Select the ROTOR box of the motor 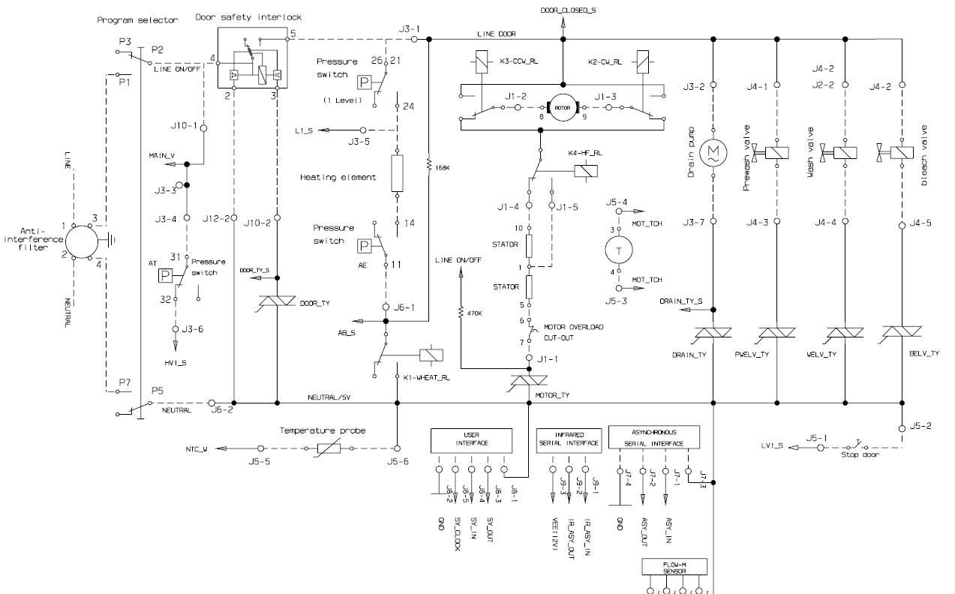coord(562,107)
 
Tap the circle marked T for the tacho coord(619,251)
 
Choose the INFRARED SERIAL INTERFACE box coord(569,439)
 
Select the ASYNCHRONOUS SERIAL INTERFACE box coord(655,437)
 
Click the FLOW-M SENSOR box coord(674,568)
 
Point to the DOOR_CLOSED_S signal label coord(564,10)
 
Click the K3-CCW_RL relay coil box coord(476,61)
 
